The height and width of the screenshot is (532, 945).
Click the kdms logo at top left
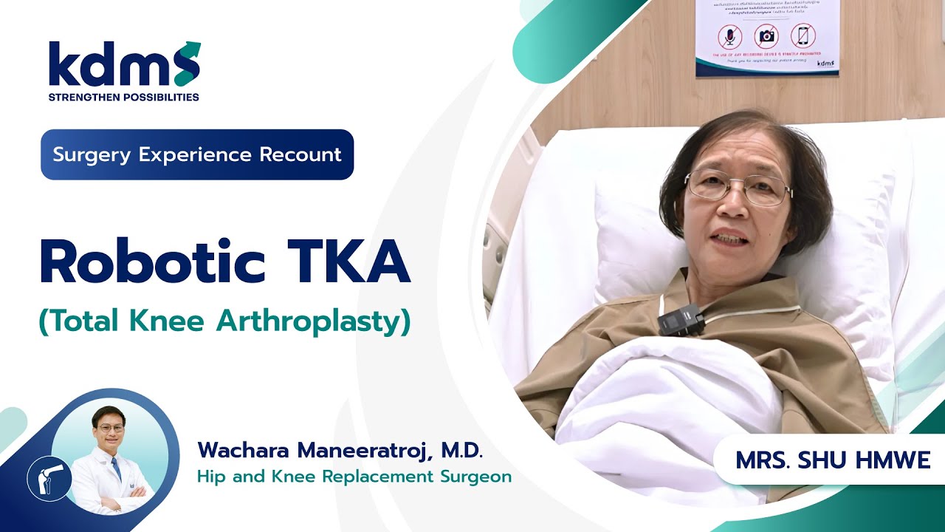(x=124, y=64)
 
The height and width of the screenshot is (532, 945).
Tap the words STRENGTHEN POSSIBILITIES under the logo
(x=123, y=97)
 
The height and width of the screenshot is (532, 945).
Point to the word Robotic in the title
(x=152, y=262)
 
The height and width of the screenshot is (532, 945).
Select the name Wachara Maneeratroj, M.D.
(x=340, y=449)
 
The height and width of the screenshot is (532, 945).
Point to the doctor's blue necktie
(x=116, y=469)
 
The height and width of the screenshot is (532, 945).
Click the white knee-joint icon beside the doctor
(x=49, y=479)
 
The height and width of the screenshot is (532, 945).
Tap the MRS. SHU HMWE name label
(x=833, y=460)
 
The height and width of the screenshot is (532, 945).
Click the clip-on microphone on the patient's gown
(x=679, y=320)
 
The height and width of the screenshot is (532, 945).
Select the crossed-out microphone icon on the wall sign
(x=730, y=36)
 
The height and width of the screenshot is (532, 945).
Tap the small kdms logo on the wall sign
(x=825, y=64)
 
